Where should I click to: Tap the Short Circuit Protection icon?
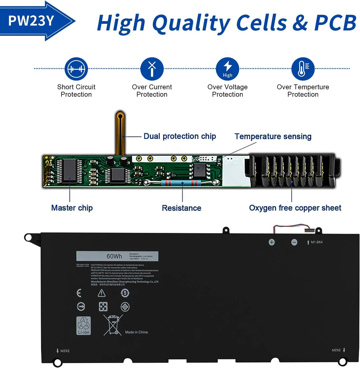(76, 69)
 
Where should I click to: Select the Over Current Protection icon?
(152, 69)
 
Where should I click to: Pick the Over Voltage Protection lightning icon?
(227, 69)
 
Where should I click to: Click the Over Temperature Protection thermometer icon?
(303, 69)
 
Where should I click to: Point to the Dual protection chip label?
(180, 136)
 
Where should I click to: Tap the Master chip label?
(72, 208)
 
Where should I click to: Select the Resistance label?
(181, 208)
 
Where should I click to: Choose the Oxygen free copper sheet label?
(295, 208)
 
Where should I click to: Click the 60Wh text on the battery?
(114, 257)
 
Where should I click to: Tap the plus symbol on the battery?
(272, 242)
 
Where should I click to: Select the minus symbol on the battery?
(294, 243)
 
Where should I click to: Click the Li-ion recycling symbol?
(83, 326)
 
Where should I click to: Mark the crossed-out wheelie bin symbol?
(112, 325)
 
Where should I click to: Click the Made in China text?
(136, 332)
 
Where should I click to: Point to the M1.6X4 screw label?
(317, 242)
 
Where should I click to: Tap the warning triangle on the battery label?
(101, 293)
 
